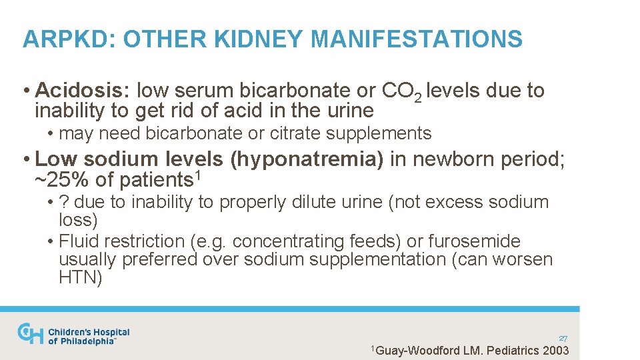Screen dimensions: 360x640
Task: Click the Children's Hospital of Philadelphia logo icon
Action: tap(30, 334)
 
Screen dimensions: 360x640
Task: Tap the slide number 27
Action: tap(563, 339)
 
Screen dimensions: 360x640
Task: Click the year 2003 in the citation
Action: tap(555, 351)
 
